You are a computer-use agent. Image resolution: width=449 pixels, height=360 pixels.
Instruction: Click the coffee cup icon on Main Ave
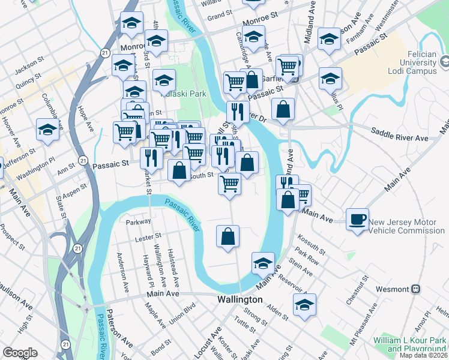[x=358, y=218]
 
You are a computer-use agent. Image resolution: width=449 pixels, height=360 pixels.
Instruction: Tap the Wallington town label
[x=239, y=299]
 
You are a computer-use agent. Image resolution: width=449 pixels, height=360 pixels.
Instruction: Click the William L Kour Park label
[x=409, y=344]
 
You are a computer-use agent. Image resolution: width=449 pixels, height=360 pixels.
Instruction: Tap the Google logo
[x=20, y=353]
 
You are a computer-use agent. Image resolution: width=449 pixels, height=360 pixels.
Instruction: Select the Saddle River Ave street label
[x=399, y=134]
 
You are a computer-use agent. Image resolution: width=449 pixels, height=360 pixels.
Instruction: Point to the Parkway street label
[x=138, y=221]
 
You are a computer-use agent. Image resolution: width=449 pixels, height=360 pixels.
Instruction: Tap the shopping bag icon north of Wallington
[x=228, y=236]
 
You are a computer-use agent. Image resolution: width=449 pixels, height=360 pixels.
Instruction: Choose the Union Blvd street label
[x=182, y=315]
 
